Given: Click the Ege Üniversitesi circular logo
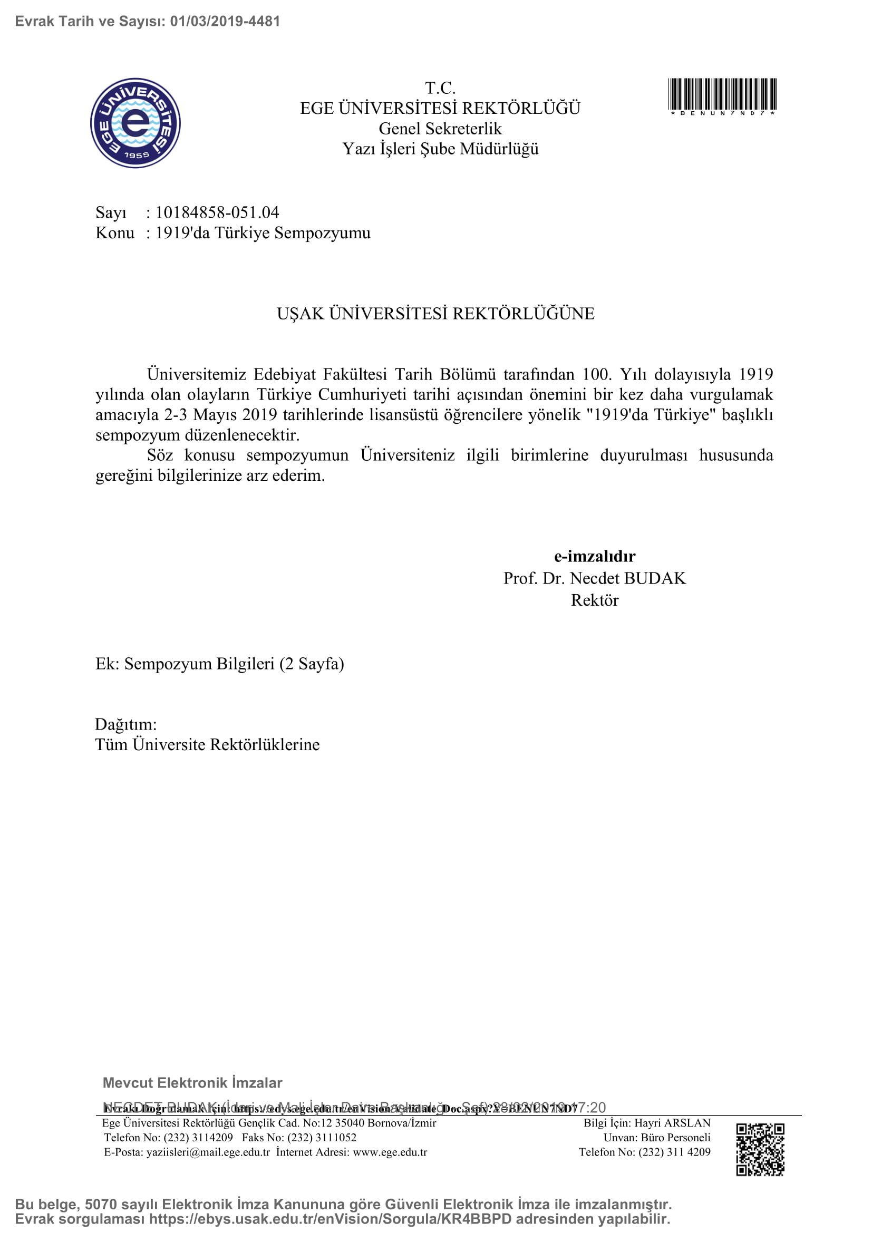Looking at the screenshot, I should point(135,123).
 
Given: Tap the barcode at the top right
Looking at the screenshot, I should point(722,94).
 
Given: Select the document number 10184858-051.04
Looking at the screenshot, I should point(217,212).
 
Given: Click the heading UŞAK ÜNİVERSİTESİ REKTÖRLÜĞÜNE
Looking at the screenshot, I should point(435,314).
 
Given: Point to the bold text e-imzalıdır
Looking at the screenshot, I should point(594,556).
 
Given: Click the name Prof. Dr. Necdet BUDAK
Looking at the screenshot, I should point(594,578).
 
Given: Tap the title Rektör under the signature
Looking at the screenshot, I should point(594,600).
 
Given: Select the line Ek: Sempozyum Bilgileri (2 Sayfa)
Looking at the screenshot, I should point(220,664).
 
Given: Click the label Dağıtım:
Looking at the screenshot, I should point(125,724).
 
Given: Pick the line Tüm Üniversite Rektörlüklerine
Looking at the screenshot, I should point(207,745).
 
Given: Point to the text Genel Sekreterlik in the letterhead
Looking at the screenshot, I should point(440,129).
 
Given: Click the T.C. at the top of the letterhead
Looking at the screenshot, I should point(440,88).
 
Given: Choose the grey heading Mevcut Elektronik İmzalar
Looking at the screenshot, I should point(192,1083).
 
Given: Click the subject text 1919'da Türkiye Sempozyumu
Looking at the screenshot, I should point(263,233).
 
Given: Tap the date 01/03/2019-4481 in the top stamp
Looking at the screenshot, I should point(225,22).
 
